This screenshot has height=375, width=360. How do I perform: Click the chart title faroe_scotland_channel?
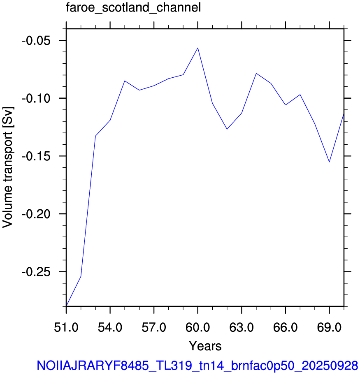(x=133, y=8)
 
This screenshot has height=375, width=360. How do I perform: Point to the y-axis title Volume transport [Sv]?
(x=8, y=167)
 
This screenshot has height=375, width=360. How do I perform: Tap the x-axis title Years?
(x=205, y=346)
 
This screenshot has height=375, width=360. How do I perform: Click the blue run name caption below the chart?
(x=197, y=366)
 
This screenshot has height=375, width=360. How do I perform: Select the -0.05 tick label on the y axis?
(x=36, y=41)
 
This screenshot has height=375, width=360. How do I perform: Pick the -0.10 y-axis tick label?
(x=36, y=98)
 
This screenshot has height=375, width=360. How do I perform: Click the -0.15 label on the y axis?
(x=36, y=156)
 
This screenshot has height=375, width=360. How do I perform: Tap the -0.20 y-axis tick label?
(x=36, y=214)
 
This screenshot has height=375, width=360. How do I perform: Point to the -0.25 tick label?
(x=36, y=272)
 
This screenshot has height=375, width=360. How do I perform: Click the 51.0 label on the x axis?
(x=66, y=327)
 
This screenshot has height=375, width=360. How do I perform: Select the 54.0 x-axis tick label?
(x=110, y=327)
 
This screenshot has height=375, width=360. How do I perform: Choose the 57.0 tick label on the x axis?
(x=154, y=327)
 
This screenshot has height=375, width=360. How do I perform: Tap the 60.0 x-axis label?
(x=198, y=327)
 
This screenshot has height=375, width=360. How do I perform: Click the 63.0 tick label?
(x=242, y=327)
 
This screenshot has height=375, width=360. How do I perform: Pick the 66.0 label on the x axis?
(x=285, y=327)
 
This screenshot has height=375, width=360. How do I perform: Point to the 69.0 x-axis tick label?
(x=330, y=327)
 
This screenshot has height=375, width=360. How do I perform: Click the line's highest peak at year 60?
(x=198, y=48)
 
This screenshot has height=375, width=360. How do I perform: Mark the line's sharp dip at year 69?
(x=330, y=162)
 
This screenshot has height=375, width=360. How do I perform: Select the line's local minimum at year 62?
(x=227, y=129)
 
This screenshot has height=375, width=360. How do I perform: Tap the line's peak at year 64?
(x=256, y=73)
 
